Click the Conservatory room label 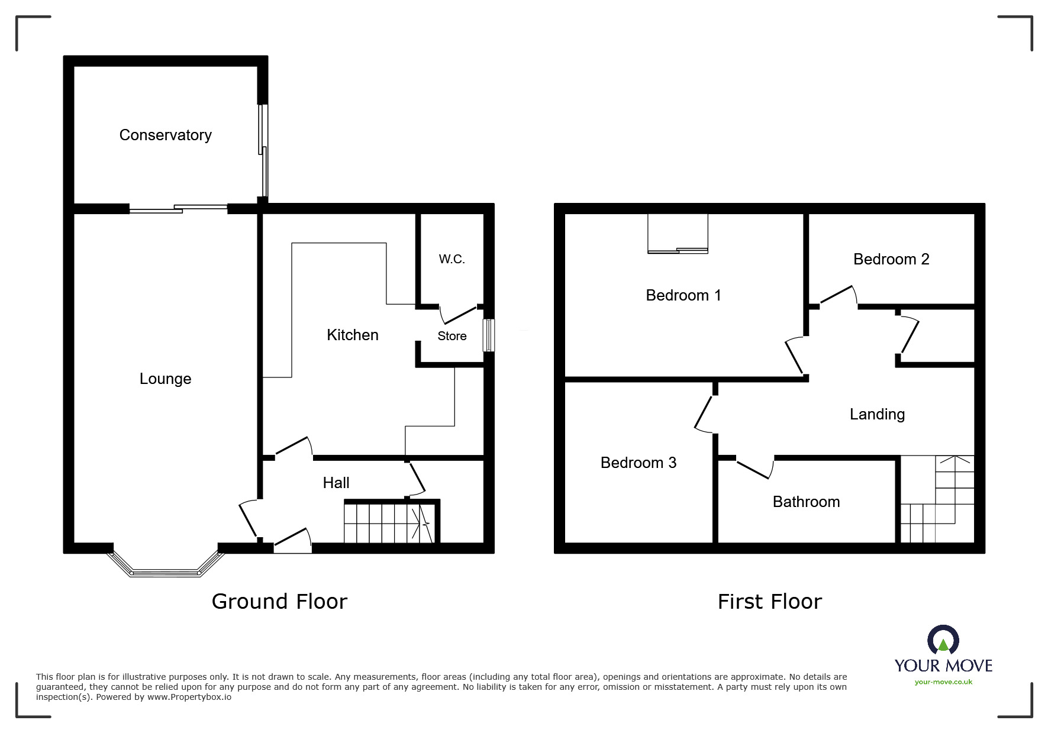click(x=165, y=135)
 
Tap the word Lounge click(x=165, y=379)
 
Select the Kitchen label click(x=352, y=335)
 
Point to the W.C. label click(x=452, y=259)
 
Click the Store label click(x=452, y=336)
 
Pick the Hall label click(x=336, y=483)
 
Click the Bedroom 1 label click(x=683, y=295)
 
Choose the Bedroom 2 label click(x=891, y=259)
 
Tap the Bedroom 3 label click(x=638, y=463)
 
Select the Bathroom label click(x=805, y=502)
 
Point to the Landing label click(x=876, y=414)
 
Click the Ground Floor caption click(x=279, y=601)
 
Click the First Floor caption click(x=769, y=602)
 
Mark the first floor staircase click(x=936, y=500)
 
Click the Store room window click(x=488, y=335)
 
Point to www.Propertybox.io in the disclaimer click(x=189, y=697)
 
